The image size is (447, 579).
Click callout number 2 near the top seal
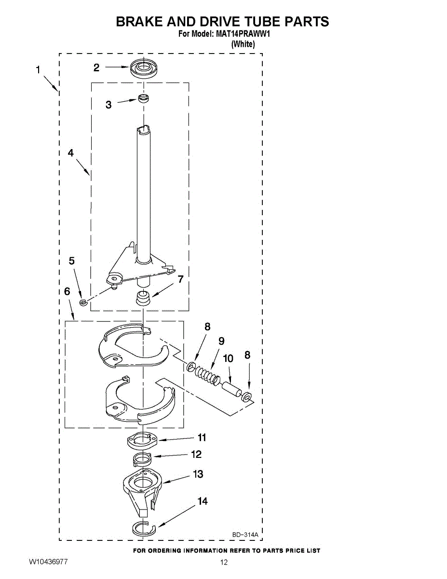[x=96, y=68]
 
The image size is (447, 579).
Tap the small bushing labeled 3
[x=143, y=99]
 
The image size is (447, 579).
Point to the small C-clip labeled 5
[x=83, y=303]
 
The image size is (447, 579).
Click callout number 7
[x=180, y=279]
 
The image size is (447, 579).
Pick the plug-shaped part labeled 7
[x=143, y=298]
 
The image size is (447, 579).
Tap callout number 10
[x=228, y=358]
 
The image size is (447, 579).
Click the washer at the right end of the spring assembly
[x=246, y=397]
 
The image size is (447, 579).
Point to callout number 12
[x=196, y=454]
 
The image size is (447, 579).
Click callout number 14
[x=203, y=501]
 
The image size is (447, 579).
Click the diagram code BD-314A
[x=245, y=535]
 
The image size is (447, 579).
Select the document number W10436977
[x=48, y=562]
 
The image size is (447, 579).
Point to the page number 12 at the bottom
[x=223, y=562]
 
